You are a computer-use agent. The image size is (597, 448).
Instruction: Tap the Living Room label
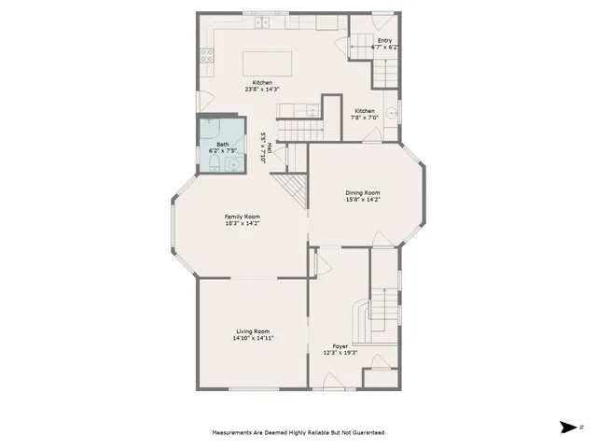(252, 331)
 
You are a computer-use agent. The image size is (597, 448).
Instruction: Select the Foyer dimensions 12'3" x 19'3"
(340, 352)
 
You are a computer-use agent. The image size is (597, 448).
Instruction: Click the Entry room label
(384, 40)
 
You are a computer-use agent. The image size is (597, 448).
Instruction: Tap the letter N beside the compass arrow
(581, 427)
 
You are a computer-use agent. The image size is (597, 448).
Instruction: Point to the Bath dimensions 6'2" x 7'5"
(222, 151)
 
